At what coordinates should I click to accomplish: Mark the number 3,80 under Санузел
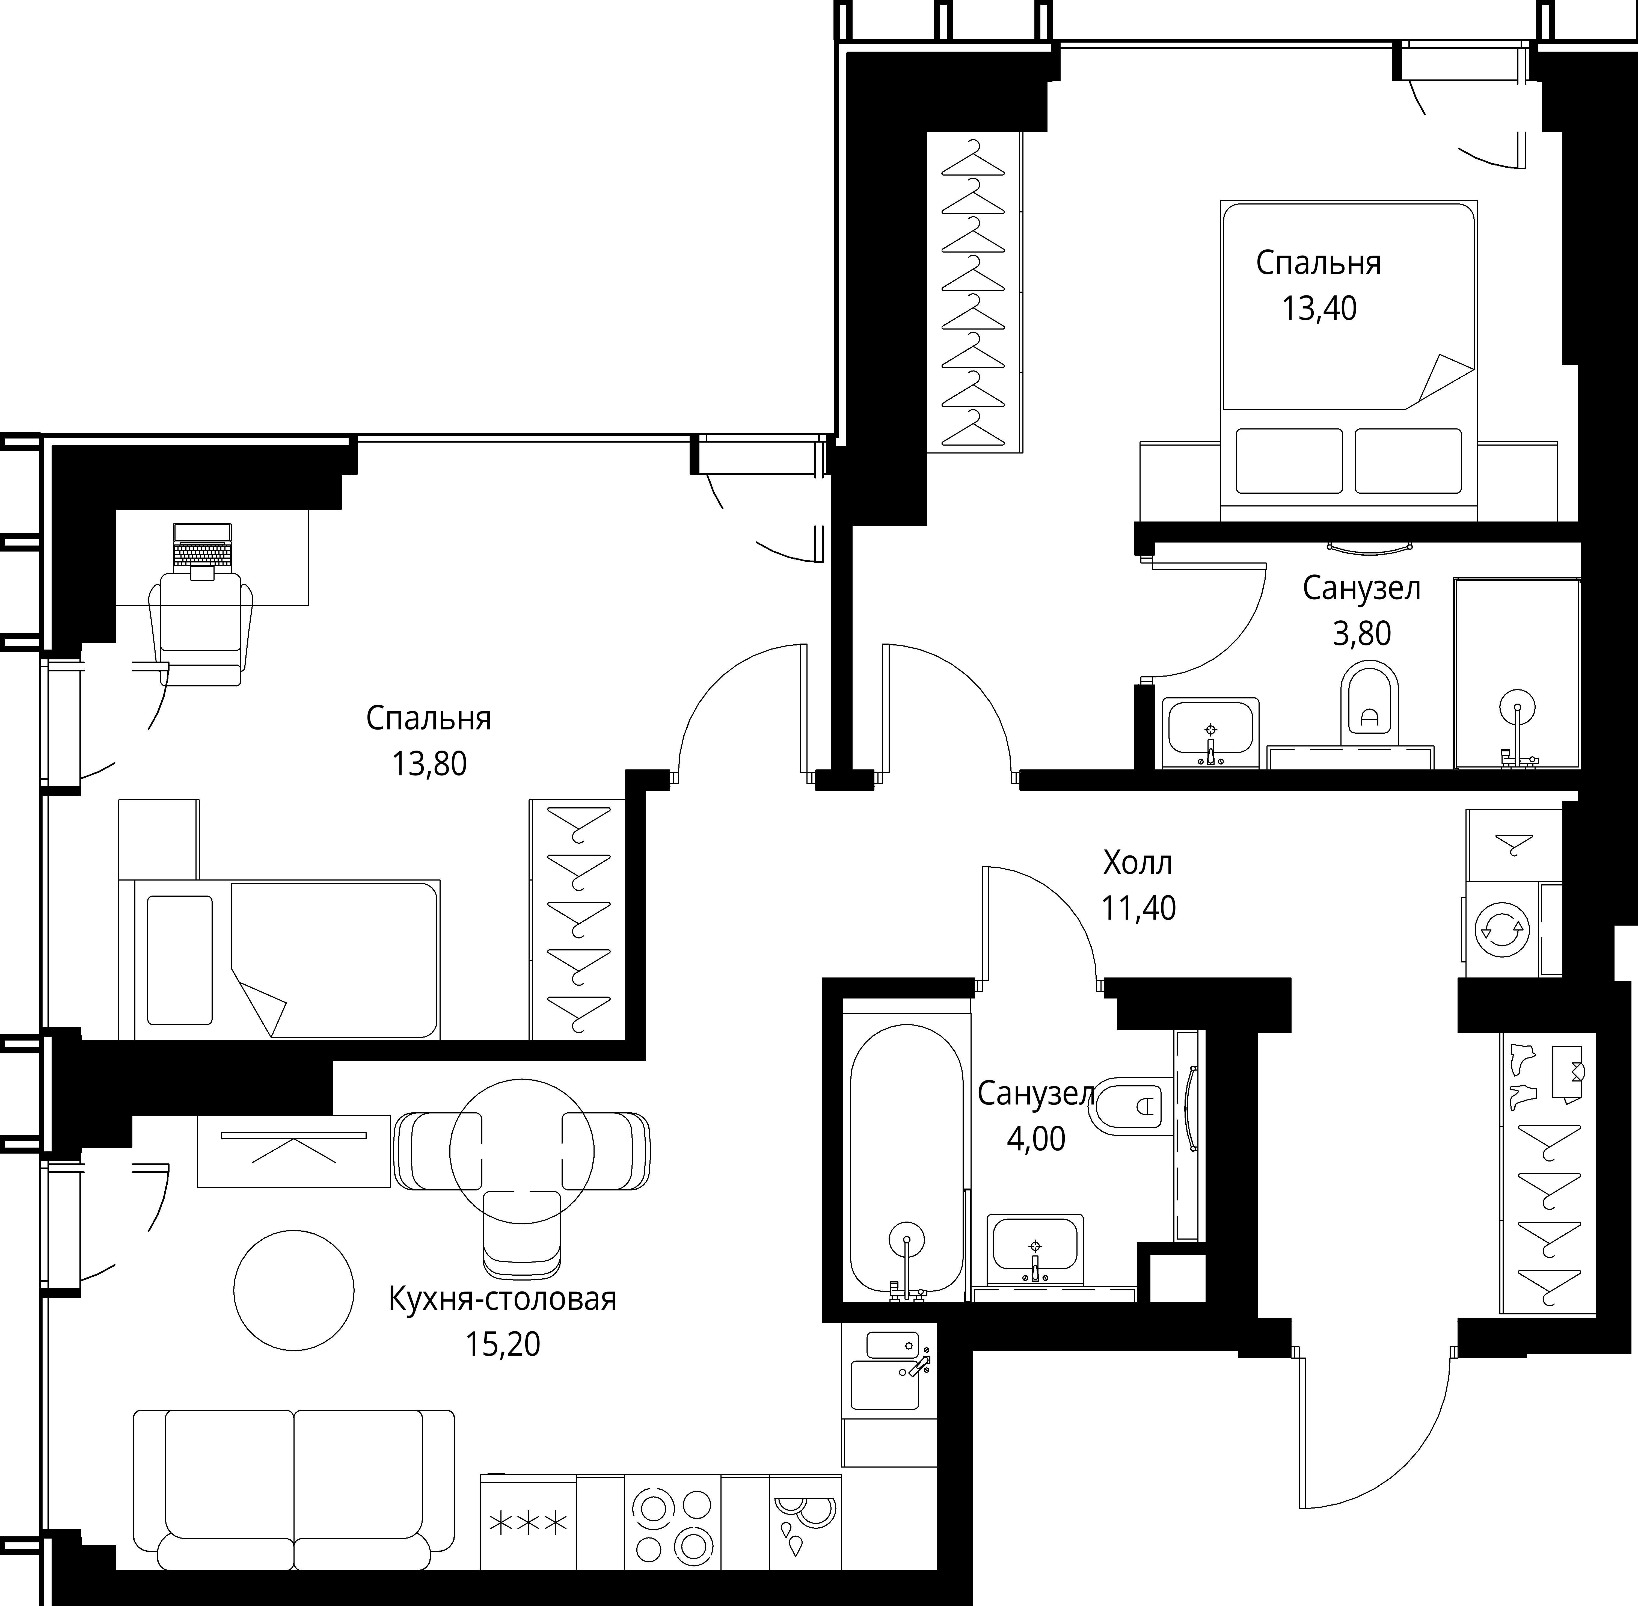[1361, 633]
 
